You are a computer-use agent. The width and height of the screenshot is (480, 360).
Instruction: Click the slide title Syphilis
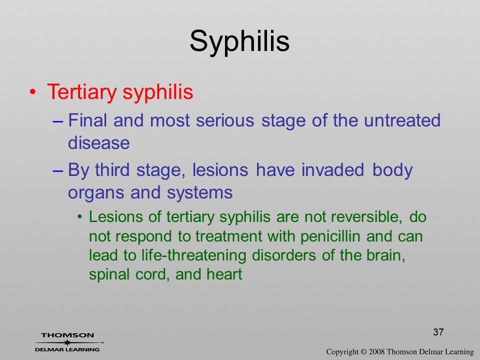click(x=239, y=42)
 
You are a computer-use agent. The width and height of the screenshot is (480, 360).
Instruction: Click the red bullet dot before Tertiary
click(x=32, y=92)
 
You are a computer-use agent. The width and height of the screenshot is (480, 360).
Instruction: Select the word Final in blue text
click(x=87, y=120)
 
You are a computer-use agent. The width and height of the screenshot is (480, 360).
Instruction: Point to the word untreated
click(x=402, y=120)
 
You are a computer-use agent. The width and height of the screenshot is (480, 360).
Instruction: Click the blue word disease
click(x=99, y=143)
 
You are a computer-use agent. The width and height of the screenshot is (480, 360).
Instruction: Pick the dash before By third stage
click(x=57, y=171)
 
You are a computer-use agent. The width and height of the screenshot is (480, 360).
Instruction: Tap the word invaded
click(x=333, y=169)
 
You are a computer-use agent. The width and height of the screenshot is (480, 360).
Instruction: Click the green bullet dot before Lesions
click(x=80, y=217)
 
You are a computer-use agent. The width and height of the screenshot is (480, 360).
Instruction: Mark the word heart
click(x=224, y=274)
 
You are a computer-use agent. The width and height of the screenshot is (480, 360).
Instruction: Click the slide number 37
click(x=438, y=332)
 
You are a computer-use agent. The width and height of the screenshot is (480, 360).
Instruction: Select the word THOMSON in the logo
click(x=67, y=335)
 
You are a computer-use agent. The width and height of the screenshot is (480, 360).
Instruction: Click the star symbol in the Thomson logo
click(x=67, y=342)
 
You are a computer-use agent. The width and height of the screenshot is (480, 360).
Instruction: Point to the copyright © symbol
click(x=363, y=352)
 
